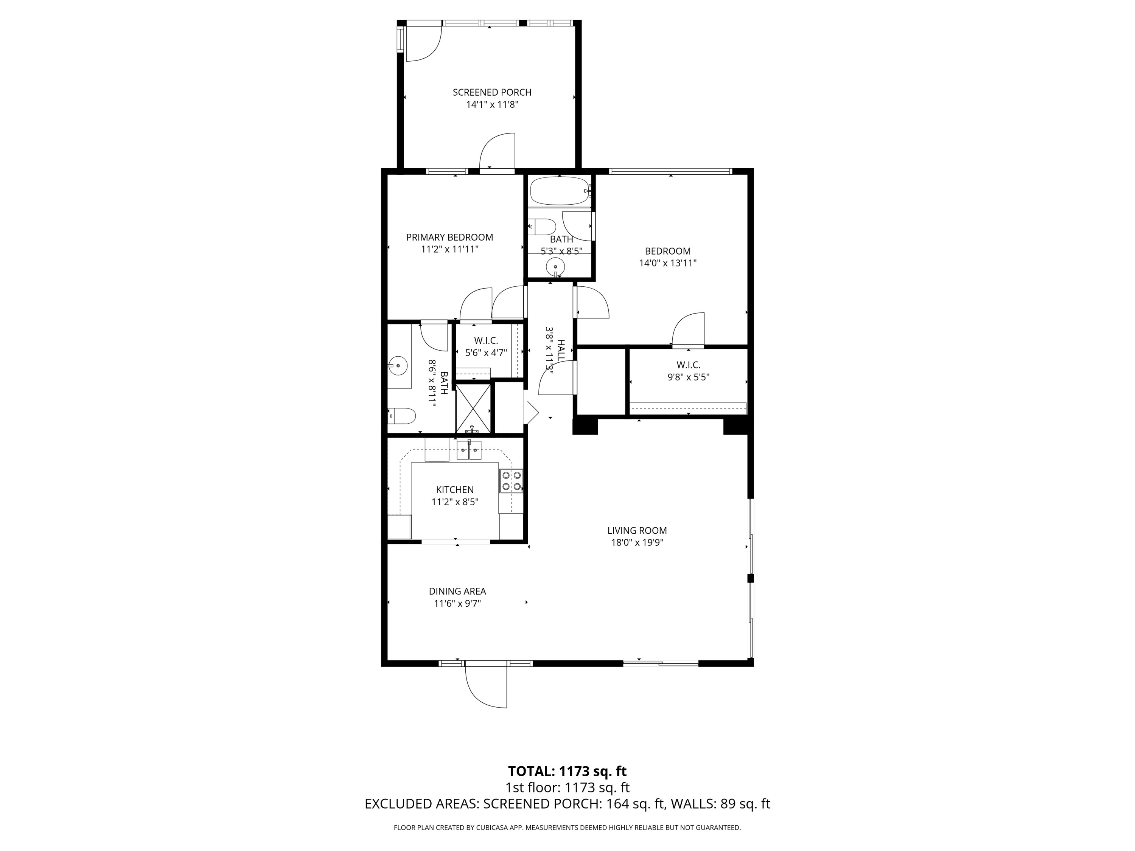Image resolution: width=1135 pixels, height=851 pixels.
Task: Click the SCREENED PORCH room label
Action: [491, 92]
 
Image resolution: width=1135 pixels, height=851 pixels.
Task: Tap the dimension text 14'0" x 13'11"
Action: [667, 264]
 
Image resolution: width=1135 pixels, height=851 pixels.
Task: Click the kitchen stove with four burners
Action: [512, 481]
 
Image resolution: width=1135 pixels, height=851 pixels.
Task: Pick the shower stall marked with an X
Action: [473, 408]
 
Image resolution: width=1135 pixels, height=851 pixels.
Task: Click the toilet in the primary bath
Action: [402, 416]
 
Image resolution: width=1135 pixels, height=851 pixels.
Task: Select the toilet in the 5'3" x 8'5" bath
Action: [543, 226]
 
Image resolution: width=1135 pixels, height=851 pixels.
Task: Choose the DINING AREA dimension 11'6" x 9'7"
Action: [457, 604]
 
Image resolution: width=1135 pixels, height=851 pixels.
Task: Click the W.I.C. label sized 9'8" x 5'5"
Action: [688, 365]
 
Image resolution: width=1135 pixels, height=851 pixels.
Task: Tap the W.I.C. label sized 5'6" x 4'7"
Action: [485, 341]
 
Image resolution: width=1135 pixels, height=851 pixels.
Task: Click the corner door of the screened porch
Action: [422, 43]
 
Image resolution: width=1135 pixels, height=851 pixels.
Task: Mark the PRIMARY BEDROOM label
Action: [449, 238]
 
